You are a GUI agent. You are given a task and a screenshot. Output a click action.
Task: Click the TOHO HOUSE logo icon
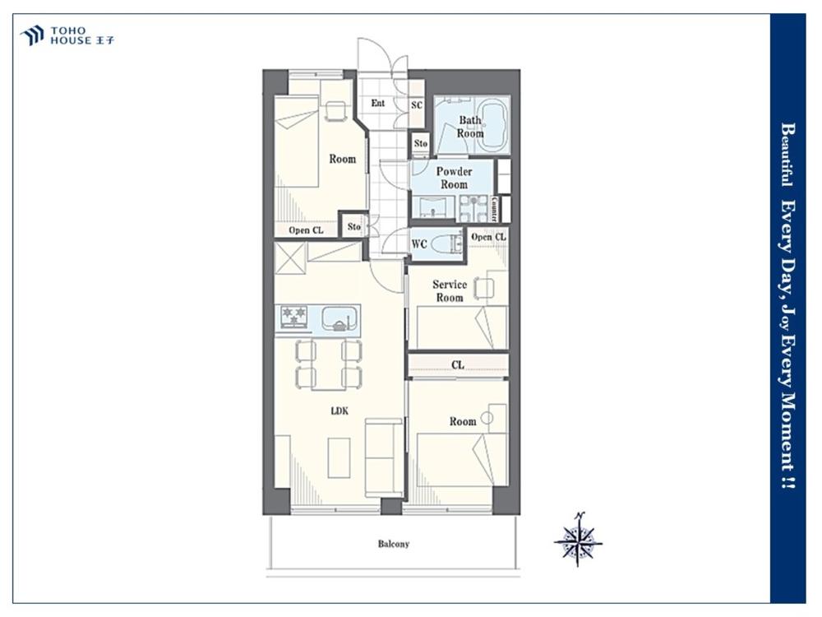[x=31, y=35]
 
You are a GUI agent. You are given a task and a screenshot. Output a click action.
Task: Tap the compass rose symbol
[x=578, y=540]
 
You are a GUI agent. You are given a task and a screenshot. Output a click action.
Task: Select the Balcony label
[x=393, y=544]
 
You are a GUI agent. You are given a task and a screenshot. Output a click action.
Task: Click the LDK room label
[x=339, y=411]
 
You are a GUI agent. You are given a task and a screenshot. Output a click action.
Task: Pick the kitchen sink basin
[x=340, y=318]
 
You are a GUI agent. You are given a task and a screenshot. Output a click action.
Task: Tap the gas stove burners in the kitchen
[x=293, y=317]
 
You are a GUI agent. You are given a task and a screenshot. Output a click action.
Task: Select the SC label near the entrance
[x=417, y=105]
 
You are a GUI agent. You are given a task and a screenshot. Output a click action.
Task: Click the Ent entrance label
[x=378, y=104]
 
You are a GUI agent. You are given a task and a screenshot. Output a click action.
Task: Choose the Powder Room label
[x=454, y=178]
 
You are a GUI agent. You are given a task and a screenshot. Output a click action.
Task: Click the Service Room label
[x=450, y=291]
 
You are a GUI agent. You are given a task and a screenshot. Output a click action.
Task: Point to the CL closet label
[x=458, y=364]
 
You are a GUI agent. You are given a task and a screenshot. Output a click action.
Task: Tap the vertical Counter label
[x=495, y=209]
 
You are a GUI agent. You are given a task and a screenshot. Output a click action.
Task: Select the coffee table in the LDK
[x=339, y=458]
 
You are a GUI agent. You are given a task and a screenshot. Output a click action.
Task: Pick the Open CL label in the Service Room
[x=488, y=237]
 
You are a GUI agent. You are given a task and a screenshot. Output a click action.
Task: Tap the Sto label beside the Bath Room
[x=420, y=143]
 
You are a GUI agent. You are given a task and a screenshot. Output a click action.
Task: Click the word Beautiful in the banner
[x=787, y=155]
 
